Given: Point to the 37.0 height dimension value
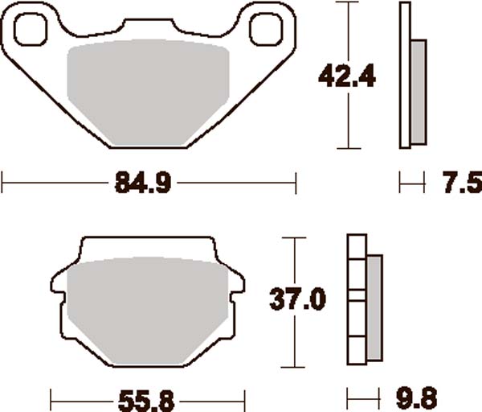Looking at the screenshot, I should pyautogui.click(x=298, y=300).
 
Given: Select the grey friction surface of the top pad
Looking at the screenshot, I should pyautogui.click(x=149, y=93).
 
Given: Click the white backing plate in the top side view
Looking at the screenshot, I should pyautogui.click(x=404, y=76).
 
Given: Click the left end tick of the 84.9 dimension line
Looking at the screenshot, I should pyautogui.click(x=2, y=183).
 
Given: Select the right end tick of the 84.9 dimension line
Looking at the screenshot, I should pyautogui.click(x=296, y=183).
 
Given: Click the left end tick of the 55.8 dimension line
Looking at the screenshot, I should pyautogui.click(x=51, y=398).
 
